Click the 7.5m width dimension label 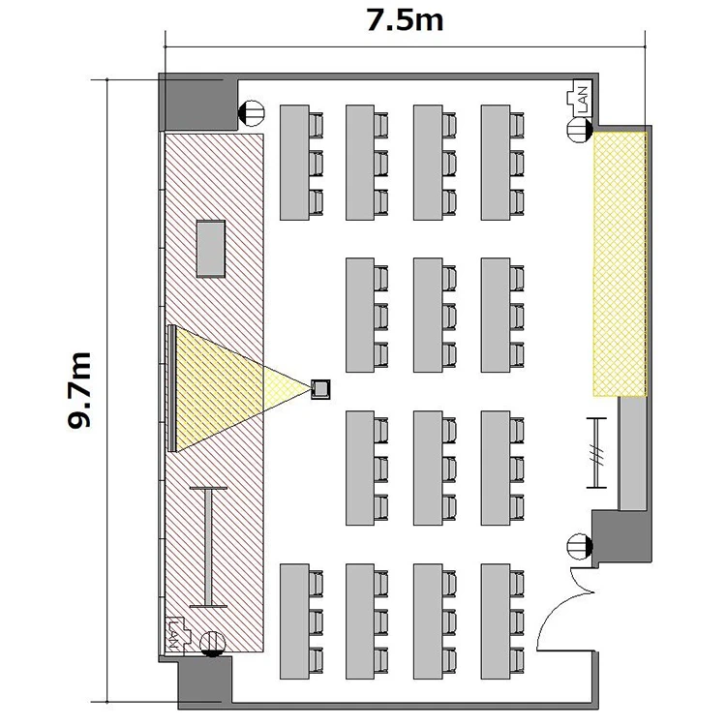(x=405, y=21)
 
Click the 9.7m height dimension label (x=79, y=391)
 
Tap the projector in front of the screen (x=320, y=389)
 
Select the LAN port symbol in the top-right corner (x=579, y=99)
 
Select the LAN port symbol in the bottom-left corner (x=177, y=635)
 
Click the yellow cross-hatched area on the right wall (x=620, y=264)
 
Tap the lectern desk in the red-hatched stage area (x=211, y=249)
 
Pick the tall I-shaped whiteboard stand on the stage (x=208, y=547)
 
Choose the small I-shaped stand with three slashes (x=596, y=453)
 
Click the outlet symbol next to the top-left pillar (x=251, y=113)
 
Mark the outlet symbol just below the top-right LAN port (x=579, y=129)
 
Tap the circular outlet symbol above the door (x=580, y=546)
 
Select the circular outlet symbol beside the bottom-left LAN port (x=213, y=644)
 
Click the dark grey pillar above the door (x=620, y=537)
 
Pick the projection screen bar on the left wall (x=171, y=388)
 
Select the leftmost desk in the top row (x=294, y=163)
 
